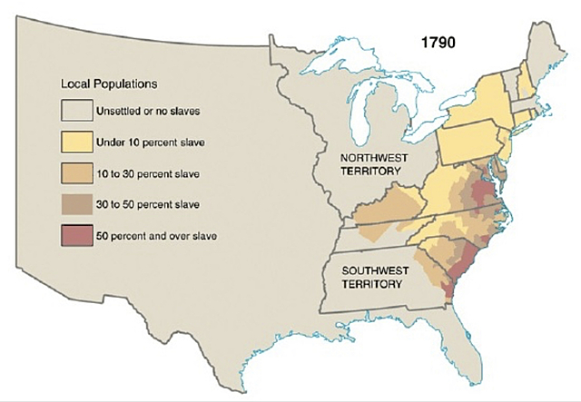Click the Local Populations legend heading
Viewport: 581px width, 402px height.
pos(109,83)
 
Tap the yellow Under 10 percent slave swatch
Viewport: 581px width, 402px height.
pos(78,142)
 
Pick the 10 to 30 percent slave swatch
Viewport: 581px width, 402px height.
pos(78,172)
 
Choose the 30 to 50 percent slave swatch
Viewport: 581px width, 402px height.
pos(78,204)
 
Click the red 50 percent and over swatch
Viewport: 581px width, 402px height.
pos(78,236)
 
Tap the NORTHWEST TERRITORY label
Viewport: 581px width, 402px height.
pos(369,163)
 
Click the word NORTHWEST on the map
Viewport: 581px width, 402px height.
pos(369,157)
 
